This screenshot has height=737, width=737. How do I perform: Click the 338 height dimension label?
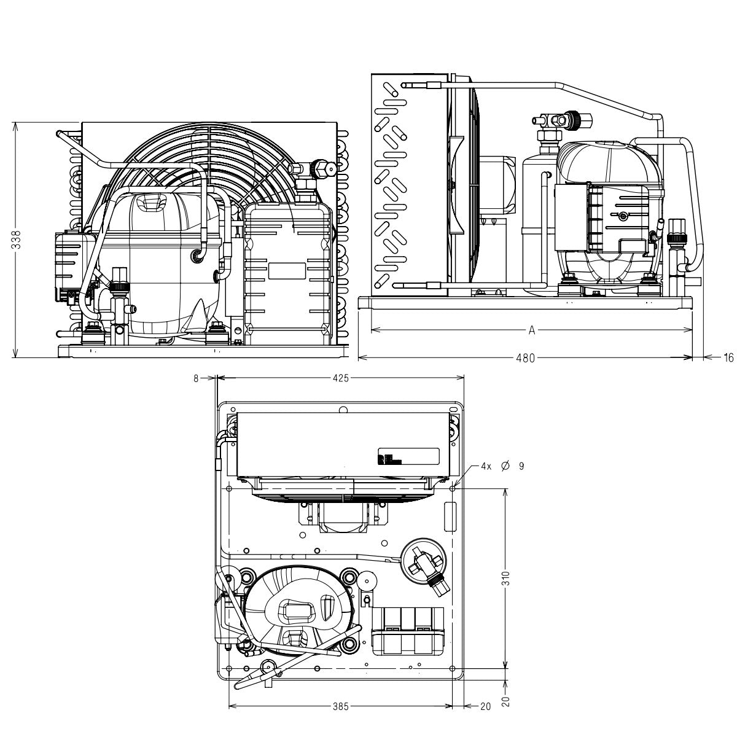(17, 240)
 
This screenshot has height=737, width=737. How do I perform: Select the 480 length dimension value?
(526, 358)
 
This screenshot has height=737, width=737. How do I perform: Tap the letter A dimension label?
(532, 330)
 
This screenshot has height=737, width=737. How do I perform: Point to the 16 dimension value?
(728, 358)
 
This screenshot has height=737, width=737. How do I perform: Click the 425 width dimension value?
(340, 378)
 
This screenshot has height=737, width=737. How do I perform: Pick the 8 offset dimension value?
(196, 378)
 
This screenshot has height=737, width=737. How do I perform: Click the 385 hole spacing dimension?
(340, 706)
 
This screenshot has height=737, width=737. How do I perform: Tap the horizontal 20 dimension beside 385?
(485, 706)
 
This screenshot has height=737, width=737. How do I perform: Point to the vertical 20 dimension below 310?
(505, 701)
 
